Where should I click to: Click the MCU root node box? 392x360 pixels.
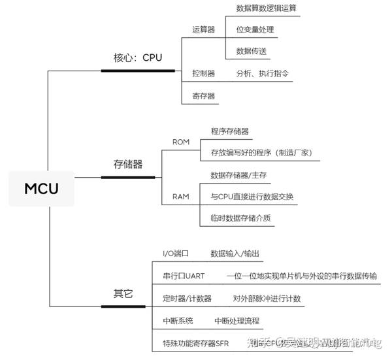42,189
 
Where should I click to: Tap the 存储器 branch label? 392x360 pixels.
128,164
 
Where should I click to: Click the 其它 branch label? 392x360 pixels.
119,294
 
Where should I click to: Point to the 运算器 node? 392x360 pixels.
203,29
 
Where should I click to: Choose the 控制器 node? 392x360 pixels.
203,74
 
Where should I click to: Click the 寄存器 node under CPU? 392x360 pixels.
203,95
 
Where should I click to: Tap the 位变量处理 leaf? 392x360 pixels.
255,29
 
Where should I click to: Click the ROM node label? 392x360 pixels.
181,142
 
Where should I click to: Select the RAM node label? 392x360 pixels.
181,196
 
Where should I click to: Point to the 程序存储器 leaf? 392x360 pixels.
229,131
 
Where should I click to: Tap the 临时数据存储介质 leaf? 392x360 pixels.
240,218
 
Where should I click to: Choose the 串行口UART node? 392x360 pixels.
184,276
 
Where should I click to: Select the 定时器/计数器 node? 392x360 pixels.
187,298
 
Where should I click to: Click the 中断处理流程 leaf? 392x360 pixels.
237,320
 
